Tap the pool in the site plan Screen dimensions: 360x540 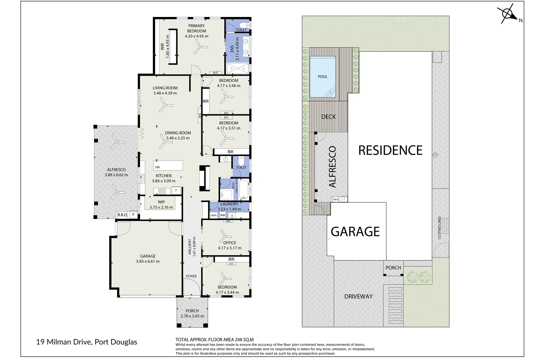point(322,77)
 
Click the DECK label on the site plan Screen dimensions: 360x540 point(328,117)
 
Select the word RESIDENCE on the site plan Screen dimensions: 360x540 point(390,150)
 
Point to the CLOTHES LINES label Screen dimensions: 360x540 point(439,228)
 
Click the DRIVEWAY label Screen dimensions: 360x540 point(358,296)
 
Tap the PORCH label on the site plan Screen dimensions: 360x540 point(393,268)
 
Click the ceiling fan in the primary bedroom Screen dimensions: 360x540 point(201,48)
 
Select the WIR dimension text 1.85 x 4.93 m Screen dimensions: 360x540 point(168,46)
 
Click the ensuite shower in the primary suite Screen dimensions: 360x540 point(238,68)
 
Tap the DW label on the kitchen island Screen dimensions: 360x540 point(157,167)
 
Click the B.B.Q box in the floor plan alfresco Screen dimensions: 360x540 point(122,215)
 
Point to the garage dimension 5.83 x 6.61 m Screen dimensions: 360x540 point(148,261)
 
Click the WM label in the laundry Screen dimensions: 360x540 point(222,215)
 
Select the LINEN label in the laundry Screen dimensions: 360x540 point(213,215)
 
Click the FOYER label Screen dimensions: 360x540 point(191,276)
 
